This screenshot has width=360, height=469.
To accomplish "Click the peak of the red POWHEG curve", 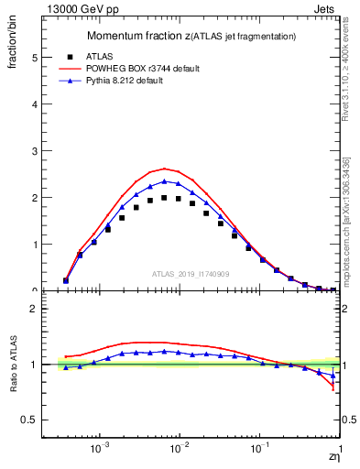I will [x=164, y=169].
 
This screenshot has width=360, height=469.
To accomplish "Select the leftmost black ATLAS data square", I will [x=66, y=281].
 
